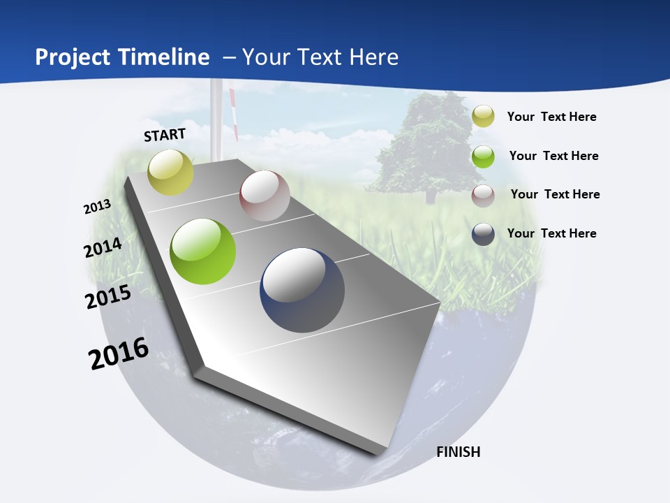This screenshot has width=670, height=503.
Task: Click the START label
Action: click(x=165, y=135)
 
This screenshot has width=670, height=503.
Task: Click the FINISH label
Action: click(x=459, y=452)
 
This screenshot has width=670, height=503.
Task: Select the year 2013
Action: click(x=97, y=207)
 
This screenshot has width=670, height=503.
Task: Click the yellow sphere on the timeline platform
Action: click(x=171, y=173)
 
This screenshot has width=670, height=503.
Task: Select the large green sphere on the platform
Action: click(x=203, y=251)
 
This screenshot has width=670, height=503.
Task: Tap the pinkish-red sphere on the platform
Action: click(x=265, y=196)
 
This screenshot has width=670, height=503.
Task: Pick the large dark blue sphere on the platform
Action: click(x=302, y=290)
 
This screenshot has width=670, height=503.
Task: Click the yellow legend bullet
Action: click(x=483, y=117)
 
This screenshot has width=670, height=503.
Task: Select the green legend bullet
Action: click(x=483, y=156)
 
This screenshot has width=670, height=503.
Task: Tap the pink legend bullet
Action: click(x=483, y=196)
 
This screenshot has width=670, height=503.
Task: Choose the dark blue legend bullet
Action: click(x=483, y=234)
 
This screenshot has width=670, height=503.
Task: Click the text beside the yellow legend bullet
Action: click(x=551, y=117)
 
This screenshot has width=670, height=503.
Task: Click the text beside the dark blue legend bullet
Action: click(x=551, y=233)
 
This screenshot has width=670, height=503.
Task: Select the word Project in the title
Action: click(x=73, y=57)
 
